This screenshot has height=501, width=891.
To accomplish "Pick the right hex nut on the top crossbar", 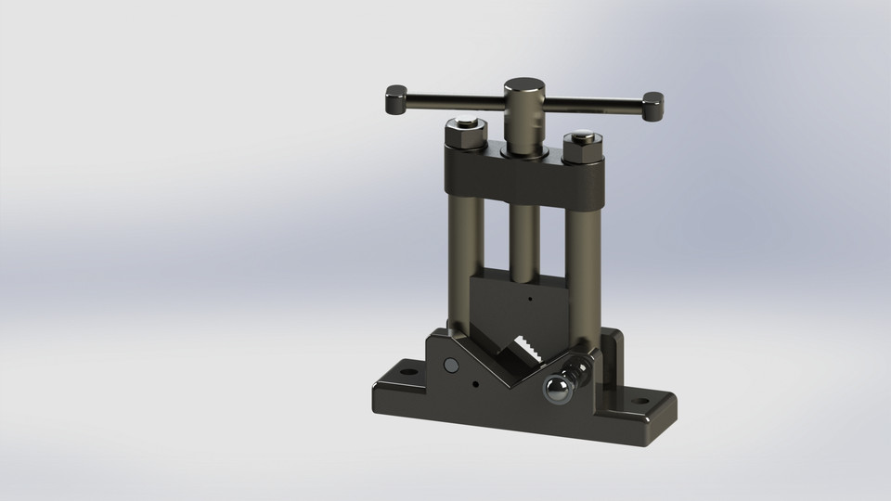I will coord(582,148).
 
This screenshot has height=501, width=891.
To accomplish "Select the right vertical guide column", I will coord(585,269).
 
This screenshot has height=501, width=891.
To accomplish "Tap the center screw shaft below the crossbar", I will coord(524,241).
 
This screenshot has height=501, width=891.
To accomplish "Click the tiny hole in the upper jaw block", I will coord(528,299).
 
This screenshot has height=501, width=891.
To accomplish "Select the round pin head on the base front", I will coord(451,366).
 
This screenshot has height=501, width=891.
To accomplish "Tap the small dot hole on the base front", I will coord(476,384).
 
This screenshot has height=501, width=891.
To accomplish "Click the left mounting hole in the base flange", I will coord(405,379).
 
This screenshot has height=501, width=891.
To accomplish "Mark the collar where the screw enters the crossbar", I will coord(523,148).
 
